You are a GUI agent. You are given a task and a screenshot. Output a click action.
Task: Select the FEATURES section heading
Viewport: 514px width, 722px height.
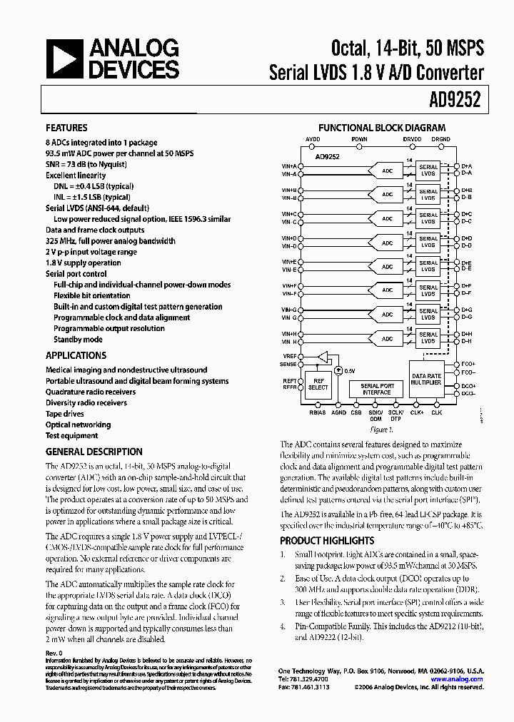click(66, 128)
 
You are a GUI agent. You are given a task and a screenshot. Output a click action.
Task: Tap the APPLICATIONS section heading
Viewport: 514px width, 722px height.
click(76, 355)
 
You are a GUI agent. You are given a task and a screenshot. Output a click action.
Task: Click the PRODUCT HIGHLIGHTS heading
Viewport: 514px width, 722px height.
click(326, 541)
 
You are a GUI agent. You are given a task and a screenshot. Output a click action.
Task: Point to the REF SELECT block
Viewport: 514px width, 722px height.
click(318, 384)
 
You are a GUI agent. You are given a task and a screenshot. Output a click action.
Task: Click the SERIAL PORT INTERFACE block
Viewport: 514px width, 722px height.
click(376, 389)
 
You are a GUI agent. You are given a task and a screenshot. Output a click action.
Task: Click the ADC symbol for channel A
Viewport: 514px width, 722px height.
click(387, 171)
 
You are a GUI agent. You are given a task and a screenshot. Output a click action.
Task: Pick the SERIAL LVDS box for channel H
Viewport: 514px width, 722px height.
click(428, 337)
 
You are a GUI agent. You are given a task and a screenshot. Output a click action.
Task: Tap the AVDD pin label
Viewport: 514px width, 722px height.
click(313, 138)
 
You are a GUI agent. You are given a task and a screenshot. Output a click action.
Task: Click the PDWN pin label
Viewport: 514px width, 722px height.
click(359, 138)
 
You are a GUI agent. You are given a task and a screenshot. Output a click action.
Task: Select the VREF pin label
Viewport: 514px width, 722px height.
click(289, 355)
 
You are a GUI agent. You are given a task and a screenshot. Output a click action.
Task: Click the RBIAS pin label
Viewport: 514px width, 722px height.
click(318, 412)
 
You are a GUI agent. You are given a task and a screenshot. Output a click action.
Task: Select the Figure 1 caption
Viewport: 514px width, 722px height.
click(381, 429)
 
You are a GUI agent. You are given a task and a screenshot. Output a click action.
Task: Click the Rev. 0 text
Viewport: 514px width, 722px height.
click(54, 652)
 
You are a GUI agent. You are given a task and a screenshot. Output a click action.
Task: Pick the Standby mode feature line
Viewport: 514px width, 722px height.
click(78, 340)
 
